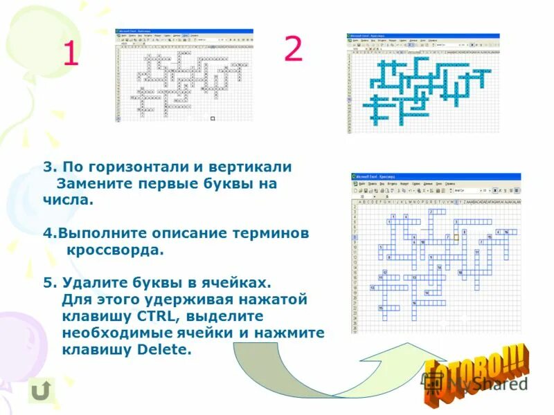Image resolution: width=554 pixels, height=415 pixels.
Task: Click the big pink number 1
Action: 70,53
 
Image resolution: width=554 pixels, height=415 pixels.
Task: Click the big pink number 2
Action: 293,49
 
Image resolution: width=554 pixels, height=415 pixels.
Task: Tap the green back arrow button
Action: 42,391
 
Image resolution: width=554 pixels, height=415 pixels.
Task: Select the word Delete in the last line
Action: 163,349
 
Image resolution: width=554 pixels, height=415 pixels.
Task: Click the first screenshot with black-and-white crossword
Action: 184,75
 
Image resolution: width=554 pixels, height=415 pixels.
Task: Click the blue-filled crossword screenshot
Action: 422,83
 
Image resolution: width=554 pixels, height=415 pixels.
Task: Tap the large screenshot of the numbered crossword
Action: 436,252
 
